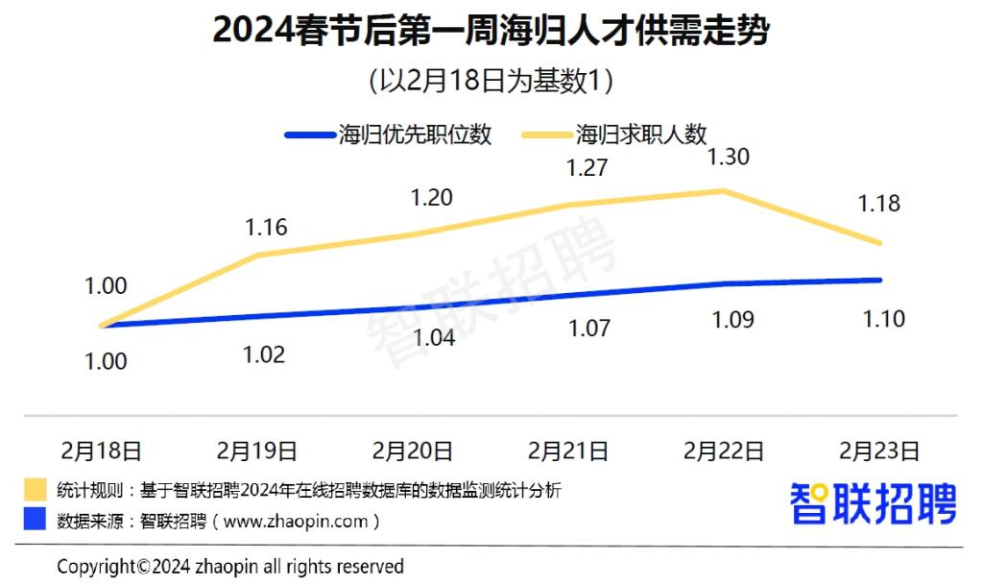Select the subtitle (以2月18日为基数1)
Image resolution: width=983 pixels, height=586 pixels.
pyautogui.click(x=491, y=81)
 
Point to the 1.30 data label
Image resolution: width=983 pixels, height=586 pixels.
pyautogui.click(x=728, y=157)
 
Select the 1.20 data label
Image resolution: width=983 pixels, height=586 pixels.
pyautogui.click(x=432, y=198)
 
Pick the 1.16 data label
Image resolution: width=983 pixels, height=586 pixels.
pyautogui.click(x=266, y=228)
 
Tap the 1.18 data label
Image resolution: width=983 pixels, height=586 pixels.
pyautogui.click(x=879, y=204)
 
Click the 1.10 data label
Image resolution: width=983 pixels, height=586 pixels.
pyautogui.click(x=883, y=319)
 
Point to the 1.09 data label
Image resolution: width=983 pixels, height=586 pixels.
pyautogui.click(x=733, y=319)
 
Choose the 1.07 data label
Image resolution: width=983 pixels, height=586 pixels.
pyautogui.click(x=588, y=329)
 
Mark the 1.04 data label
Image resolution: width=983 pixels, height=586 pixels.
pyautogui.click(x=433, y=338)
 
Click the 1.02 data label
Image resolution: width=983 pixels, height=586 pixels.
pyautogui.click(x=265, y=354)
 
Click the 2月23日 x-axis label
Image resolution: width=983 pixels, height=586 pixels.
pyautogui.click(x=879, y=450)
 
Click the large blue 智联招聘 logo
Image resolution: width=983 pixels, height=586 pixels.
pyautogui.click(x=873, y=504)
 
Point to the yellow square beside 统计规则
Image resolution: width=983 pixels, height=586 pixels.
pyautogui.click(x=35, y=489)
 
